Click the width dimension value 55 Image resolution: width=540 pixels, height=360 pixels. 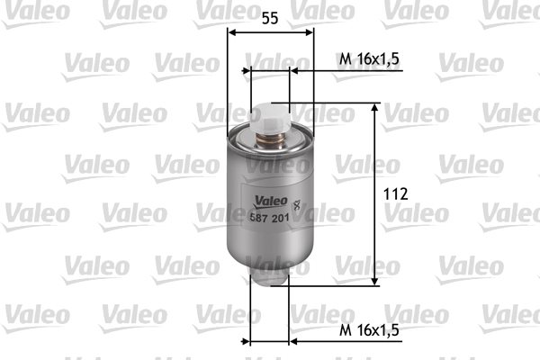coord(270,18)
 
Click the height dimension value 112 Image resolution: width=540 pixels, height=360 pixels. coord(396,194)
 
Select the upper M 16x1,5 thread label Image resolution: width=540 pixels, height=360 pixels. coord(369,58)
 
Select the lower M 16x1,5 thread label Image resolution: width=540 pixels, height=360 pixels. coord(369,330)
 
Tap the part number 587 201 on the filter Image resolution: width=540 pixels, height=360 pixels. coord(269,218)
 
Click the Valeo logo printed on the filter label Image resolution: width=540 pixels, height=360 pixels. coord(270,202)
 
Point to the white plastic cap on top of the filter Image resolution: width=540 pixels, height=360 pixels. coord(271,118)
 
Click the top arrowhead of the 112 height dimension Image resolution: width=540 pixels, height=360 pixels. coord(375,107)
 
